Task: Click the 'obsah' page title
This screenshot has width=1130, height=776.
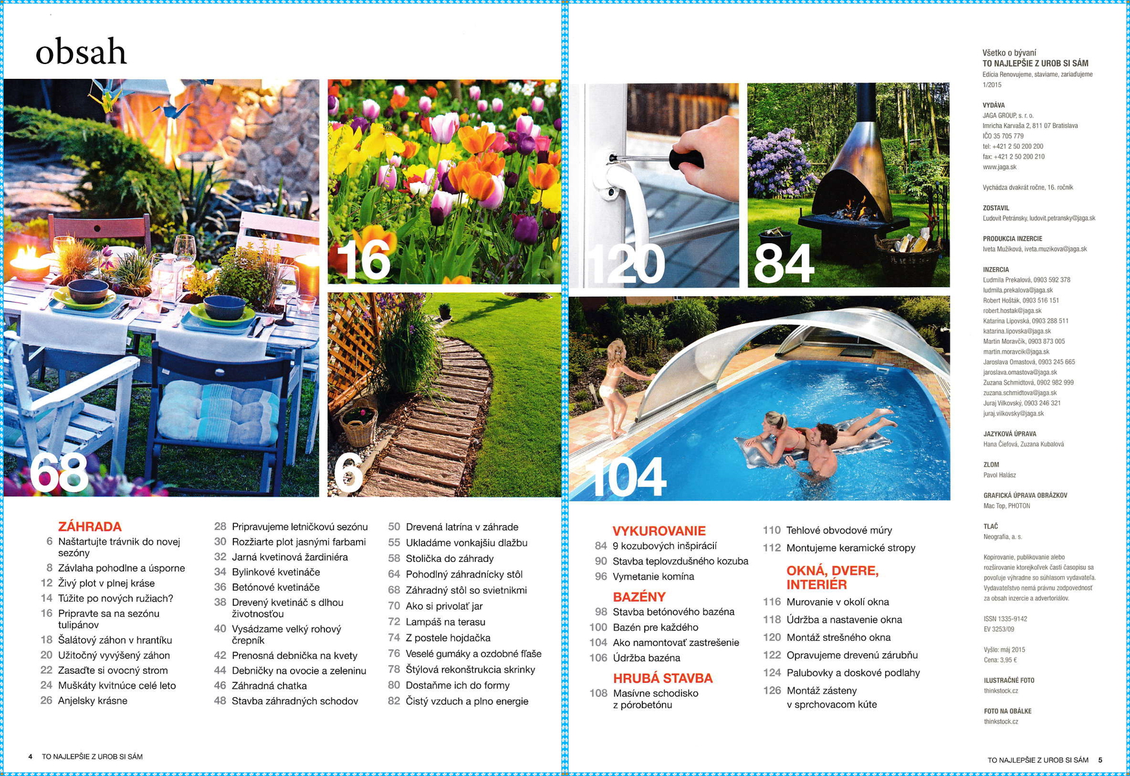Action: click(81, 52)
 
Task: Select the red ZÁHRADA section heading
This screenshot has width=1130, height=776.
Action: click(90, 526)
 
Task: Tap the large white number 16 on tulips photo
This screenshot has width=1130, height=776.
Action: click(363, 260)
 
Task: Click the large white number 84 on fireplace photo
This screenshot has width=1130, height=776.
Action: click(783, 264)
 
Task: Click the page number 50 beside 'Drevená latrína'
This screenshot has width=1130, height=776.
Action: click(394, 527)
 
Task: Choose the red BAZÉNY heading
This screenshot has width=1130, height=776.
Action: click(639, 597)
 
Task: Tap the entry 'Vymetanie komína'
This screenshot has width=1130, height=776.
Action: click(653, 576)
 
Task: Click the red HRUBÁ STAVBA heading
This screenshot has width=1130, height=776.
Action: click(663, 678)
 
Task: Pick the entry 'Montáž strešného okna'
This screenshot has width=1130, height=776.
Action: click(839, 638)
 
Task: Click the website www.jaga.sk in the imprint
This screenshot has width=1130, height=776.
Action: click(999, 167)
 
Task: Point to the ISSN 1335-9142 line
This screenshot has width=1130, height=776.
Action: click(1005, 619)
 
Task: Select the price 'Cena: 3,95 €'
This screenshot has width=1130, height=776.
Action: click(1000, 660)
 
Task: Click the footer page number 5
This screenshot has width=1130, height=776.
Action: click(1100, 760)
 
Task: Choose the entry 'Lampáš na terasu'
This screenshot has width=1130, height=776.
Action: click(445, 622)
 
